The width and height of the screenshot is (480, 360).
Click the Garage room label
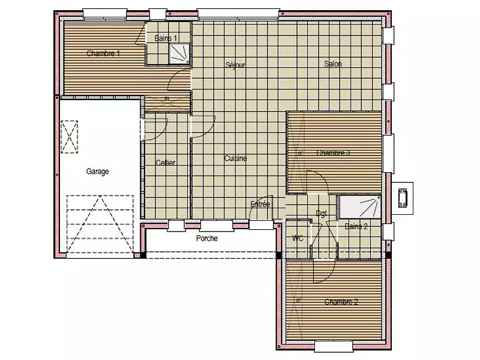[x=98, y=172]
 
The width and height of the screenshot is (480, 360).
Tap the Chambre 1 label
[x=103, y=53]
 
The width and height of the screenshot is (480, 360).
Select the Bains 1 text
[x=166, y=38]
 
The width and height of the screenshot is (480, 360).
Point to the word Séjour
[x=235, y=65]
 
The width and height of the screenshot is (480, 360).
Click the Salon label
[x=333, y=64]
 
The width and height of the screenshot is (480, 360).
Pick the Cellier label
[x=165, y=163]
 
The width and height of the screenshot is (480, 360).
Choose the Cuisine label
[x=236, y=158]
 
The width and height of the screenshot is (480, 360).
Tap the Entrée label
[x=260, y=205]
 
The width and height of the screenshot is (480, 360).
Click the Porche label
[x=206, y=238]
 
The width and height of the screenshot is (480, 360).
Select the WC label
[x=297, y=239]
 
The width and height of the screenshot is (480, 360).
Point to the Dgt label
[x=321, y=214]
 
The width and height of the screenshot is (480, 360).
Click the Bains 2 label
[x=356, y=226]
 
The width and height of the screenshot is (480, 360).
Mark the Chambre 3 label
[x=333, y=153]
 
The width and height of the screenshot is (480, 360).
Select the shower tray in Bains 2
[x=359, y=208]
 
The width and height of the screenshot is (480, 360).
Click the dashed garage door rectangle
[x=100, y=225]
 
